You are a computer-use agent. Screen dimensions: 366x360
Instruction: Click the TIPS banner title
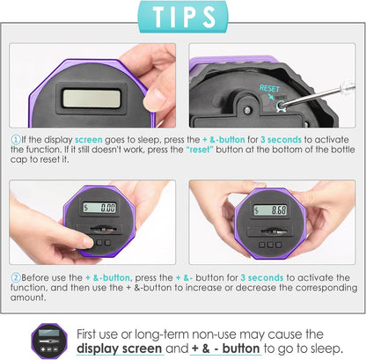(184, 17)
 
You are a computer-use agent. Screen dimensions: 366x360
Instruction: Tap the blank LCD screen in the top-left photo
(91, 99)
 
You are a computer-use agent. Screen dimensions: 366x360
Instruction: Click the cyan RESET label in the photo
(269, 88)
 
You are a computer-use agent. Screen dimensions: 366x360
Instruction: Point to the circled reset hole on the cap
(281, 104)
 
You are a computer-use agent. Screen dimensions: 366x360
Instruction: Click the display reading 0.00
(99, 208)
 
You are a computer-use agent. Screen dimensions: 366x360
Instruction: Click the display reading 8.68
(270, 209)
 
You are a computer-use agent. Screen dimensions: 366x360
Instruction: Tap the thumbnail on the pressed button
(88, 242)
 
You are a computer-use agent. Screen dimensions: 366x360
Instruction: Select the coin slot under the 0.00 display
(101, 229)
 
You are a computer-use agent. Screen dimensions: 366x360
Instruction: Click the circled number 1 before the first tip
(15, 139)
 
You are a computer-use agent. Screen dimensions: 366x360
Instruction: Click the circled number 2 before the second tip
(15, 277)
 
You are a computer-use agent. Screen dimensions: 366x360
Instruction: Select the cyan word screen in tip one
(89, 140)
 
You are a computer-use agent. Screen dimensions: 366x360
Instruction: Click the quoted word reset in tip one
(199, 150)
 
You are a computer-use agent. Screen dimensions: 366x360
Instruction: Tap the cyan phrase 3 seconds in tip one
(281, 139)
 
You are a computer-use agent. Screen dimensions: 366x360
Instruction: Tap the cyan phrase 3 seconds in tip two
(262, 277)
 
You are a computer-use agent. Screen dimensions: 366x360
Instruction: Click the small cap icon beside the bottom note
(49, 342)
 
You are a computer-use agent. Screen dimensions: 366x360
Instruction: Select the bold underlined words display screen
(119, 349)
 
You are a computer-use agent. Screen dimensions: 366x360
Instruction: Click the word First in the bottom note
(86, 334)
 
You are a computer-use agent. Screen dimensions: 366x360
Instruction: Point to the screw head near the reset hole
(248, 110)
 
